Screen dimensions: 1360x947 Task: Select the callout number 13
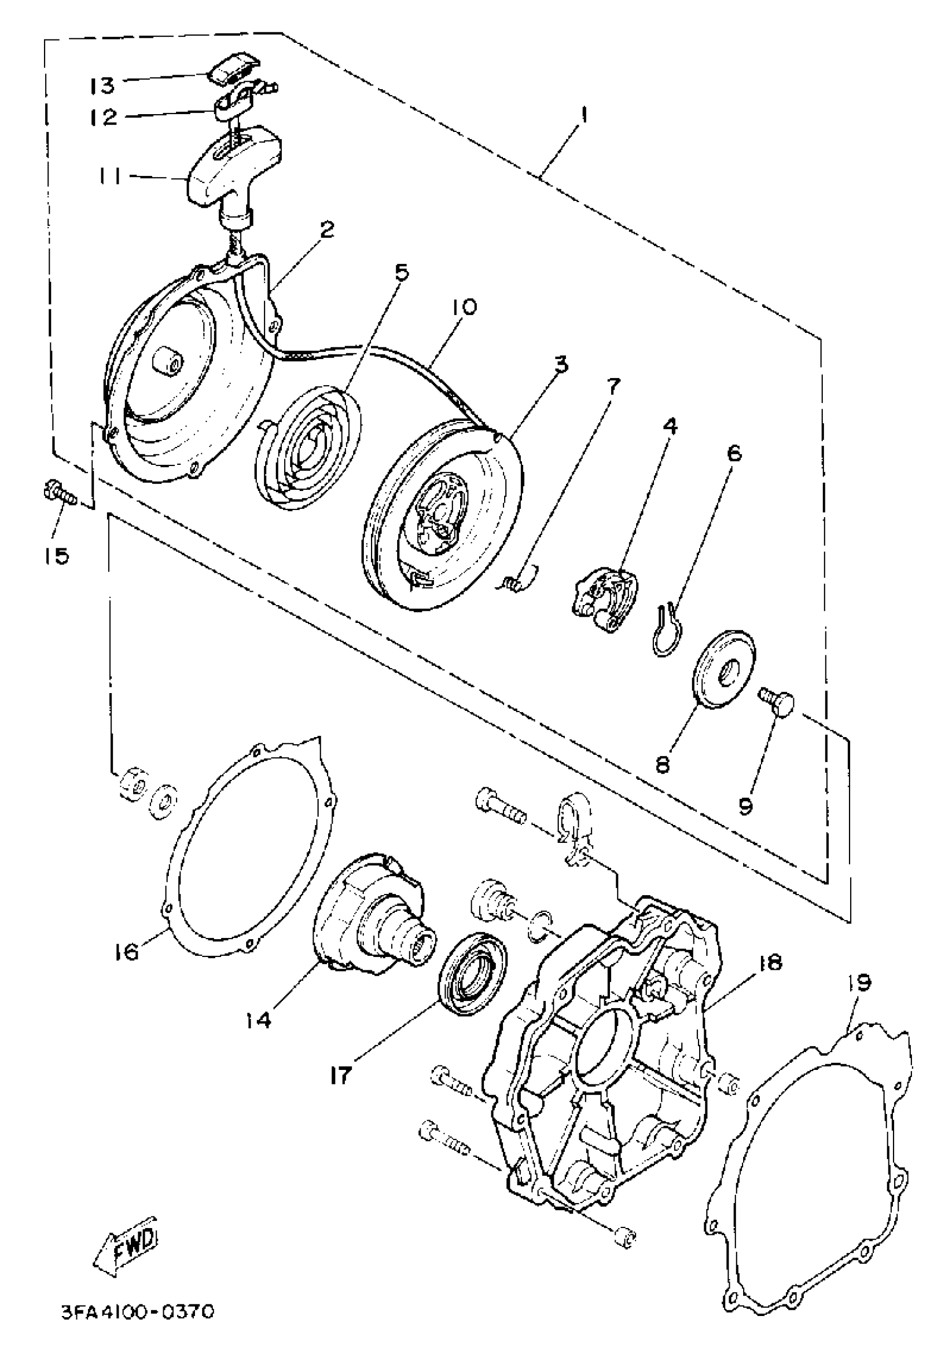click(x=102, y=85)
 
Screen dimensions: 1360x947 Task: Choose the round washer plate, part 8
click(x=724, y=672)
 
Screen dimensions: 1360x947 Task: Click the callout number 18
click(x=769, y=963)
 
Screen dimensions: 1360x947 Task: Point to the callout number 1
click(x=583, y=114)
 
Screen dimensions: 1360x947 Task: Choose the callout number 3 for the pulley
click(x=560, y=363)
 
